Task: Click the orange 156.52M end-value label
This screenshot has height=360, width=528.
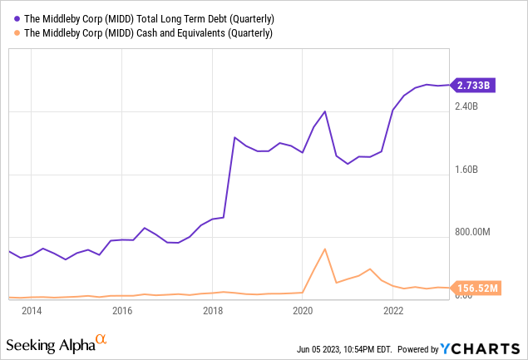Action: click(x=477, y=288)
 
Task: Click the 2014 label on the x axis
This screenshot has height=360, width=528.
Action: click(x=32, y=311)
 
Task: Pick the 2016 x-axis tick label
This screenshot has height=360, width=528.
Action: click(x=122, y=311)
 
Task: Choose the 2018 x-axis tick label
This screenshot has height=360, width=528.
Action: click(x=213, y=311)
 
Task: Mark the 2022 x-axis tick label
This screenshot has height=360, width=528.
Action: click(x=393, y=311)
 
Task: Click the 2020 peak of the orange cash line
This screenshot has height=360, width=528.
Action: click(x=325, y=249)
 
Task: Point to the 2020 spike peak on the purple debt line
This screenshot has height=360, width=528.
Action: click(x=325, y=111)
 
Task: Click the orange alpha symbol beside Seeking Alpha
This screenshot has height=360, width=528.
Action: click(x=101, y=339)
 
